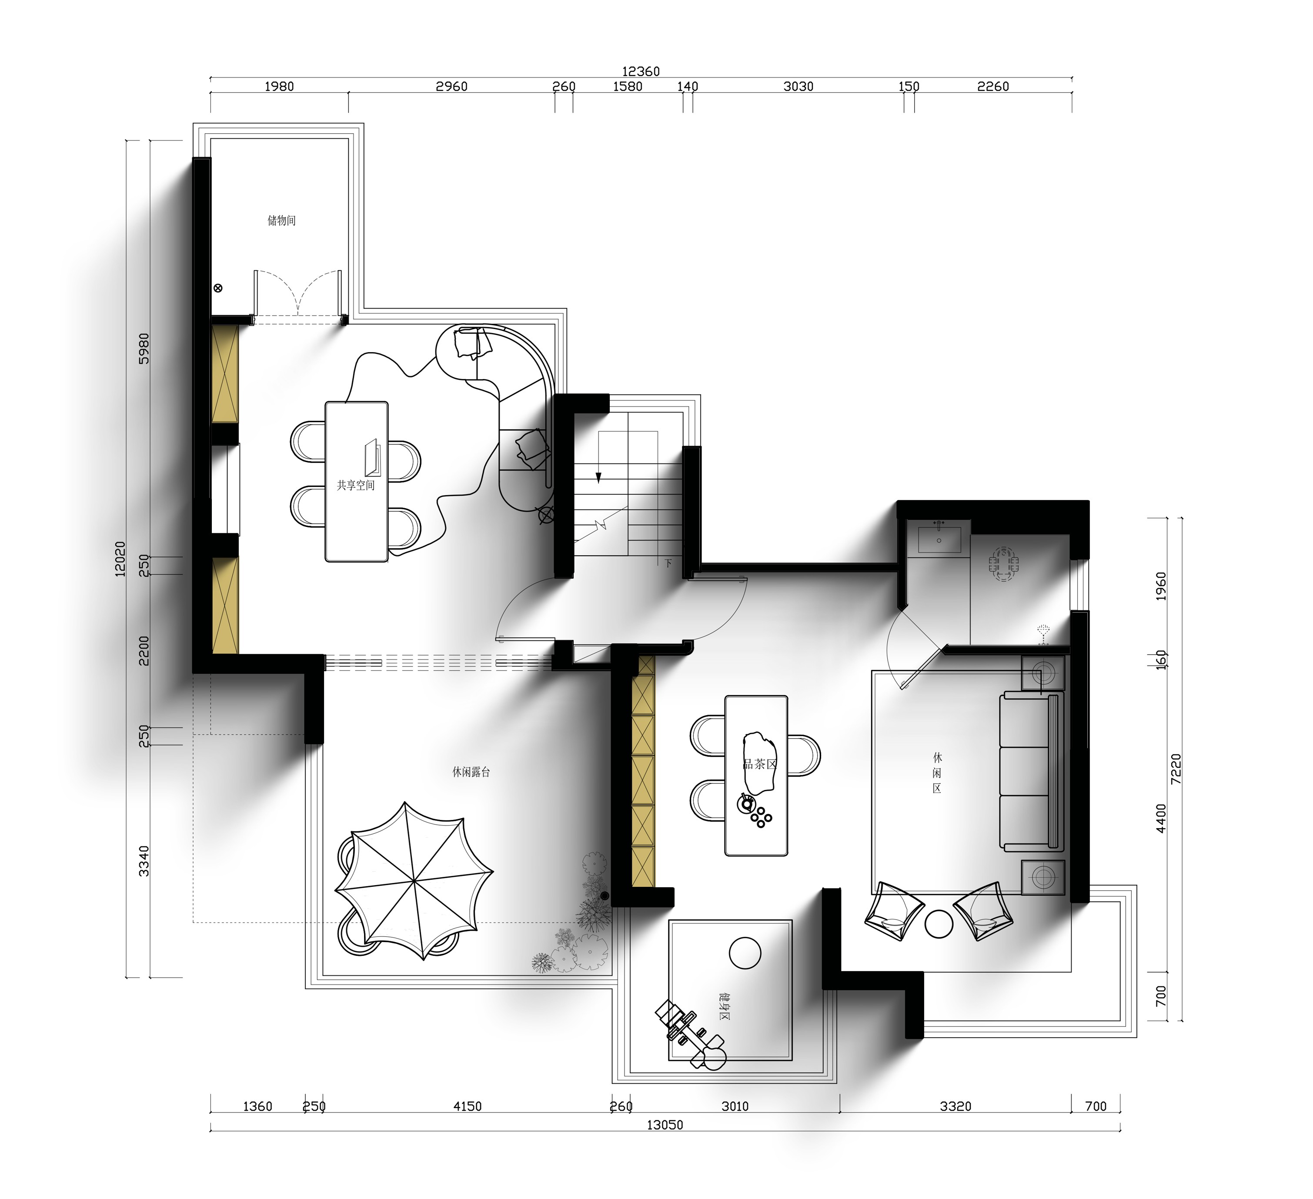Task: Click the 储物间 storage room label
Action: coord(281,221)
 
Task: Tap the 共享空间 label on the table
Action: coord(356,485)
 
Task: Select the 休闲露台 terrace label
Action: coord(471,772)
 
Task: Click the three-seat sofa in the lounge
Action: coord(1032,771)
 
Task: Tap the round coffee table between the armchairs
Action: coord(939,924)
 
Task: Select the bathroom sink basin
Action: coord(939,540)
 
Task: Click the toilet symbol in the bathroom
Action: coord(1004,564)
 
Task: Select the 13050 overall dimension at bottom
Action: coord(665,1124)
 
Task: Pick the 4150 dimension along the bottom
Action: coord(468,1106)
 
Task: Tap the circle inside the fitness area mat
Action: coord(745,953)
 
